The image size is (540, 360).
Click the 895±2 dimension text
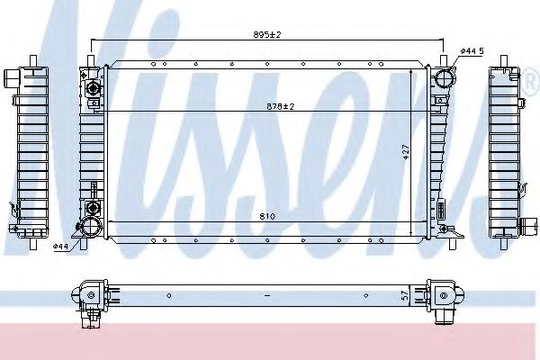[268, 34]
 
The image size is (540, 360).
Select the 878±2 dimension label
[281, 106]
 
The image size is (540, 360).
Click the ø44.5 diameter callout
[472, 51]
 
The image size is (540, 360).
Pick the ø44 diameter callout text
[61, 246]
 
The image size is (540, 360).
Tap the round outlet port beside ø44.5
[443, 78]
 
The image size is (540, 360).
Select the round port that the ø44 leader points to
[91, 227]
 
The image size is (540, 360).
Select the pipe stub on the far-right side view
[521, 226]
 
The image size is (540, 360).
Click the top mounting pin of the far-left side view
[33, 62]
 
